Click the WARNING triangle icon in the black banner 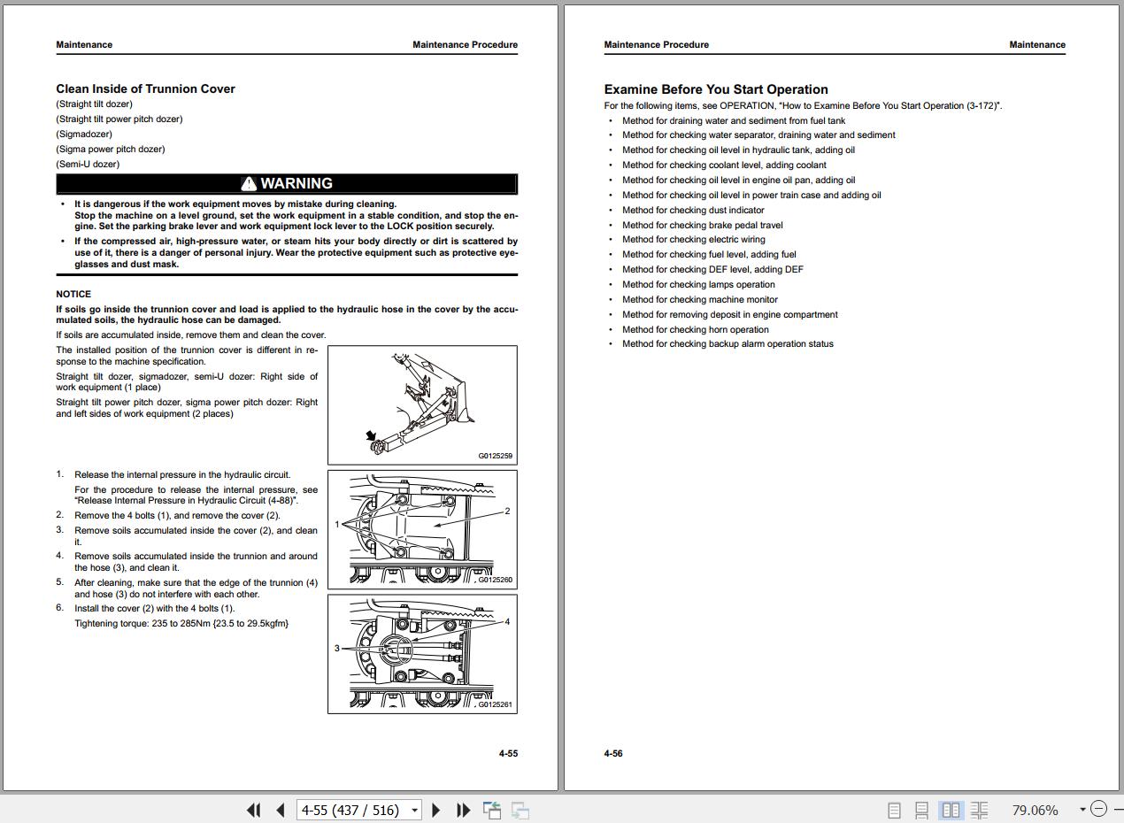tap(249, 184)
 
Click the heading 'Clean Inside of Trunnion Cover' tap(145, 88)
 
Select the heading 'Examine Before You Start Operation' tap(716, 89)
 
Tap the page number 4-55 tap(508, 753)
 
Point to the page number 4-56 tap(613, 753)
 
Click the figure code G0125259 tap(496, 456)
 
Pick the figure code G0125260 tap(496, 580)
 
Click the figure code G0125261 tap(496, 704)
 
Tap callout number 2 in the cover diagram tap(507, 511)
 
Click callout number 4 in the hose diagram tap(507, 622)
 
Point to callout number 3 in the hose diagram tap(337, 648)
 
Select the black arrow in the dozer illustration tap(371, 435)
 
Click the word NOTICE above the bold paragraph tap(73, 294)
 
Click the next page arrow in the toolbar tap(435, 810)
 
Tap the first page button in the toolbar tap(254, 810)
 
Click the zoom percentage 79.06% tap(1035, 810)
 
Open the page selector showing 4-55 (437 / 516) tap(358, 810)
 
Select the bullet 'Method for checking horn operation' tap(696, 330)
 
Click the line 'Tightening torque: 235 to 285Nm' tap(181, 623)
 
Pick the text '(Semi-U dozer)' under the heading tap(88, 164)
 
